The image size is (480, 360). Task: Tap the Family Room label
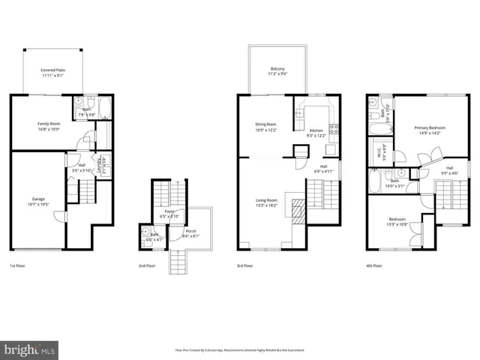pyautogui.click(x=49, y=125)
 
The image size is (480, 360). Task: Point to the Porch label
pyautogui.click(x=191, y=233)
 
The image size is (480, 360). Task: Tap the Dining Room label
pyautogui.click(x=266, y=127)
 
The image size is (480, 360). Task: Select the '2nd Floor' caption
pyautogui.click(x=146, y=266)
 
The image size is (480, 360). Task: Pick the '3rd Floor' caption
pyautogui.click(x=244, y=266)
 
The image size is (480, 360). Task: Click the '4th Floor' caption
pyautogui.click(x=374, y=266)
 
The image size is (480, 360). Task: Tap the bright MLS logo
pyautogui.click(x=30, y=349)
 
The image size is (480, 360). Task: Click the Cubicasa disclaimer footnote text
pyautogui.click(x=239, y=349)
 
